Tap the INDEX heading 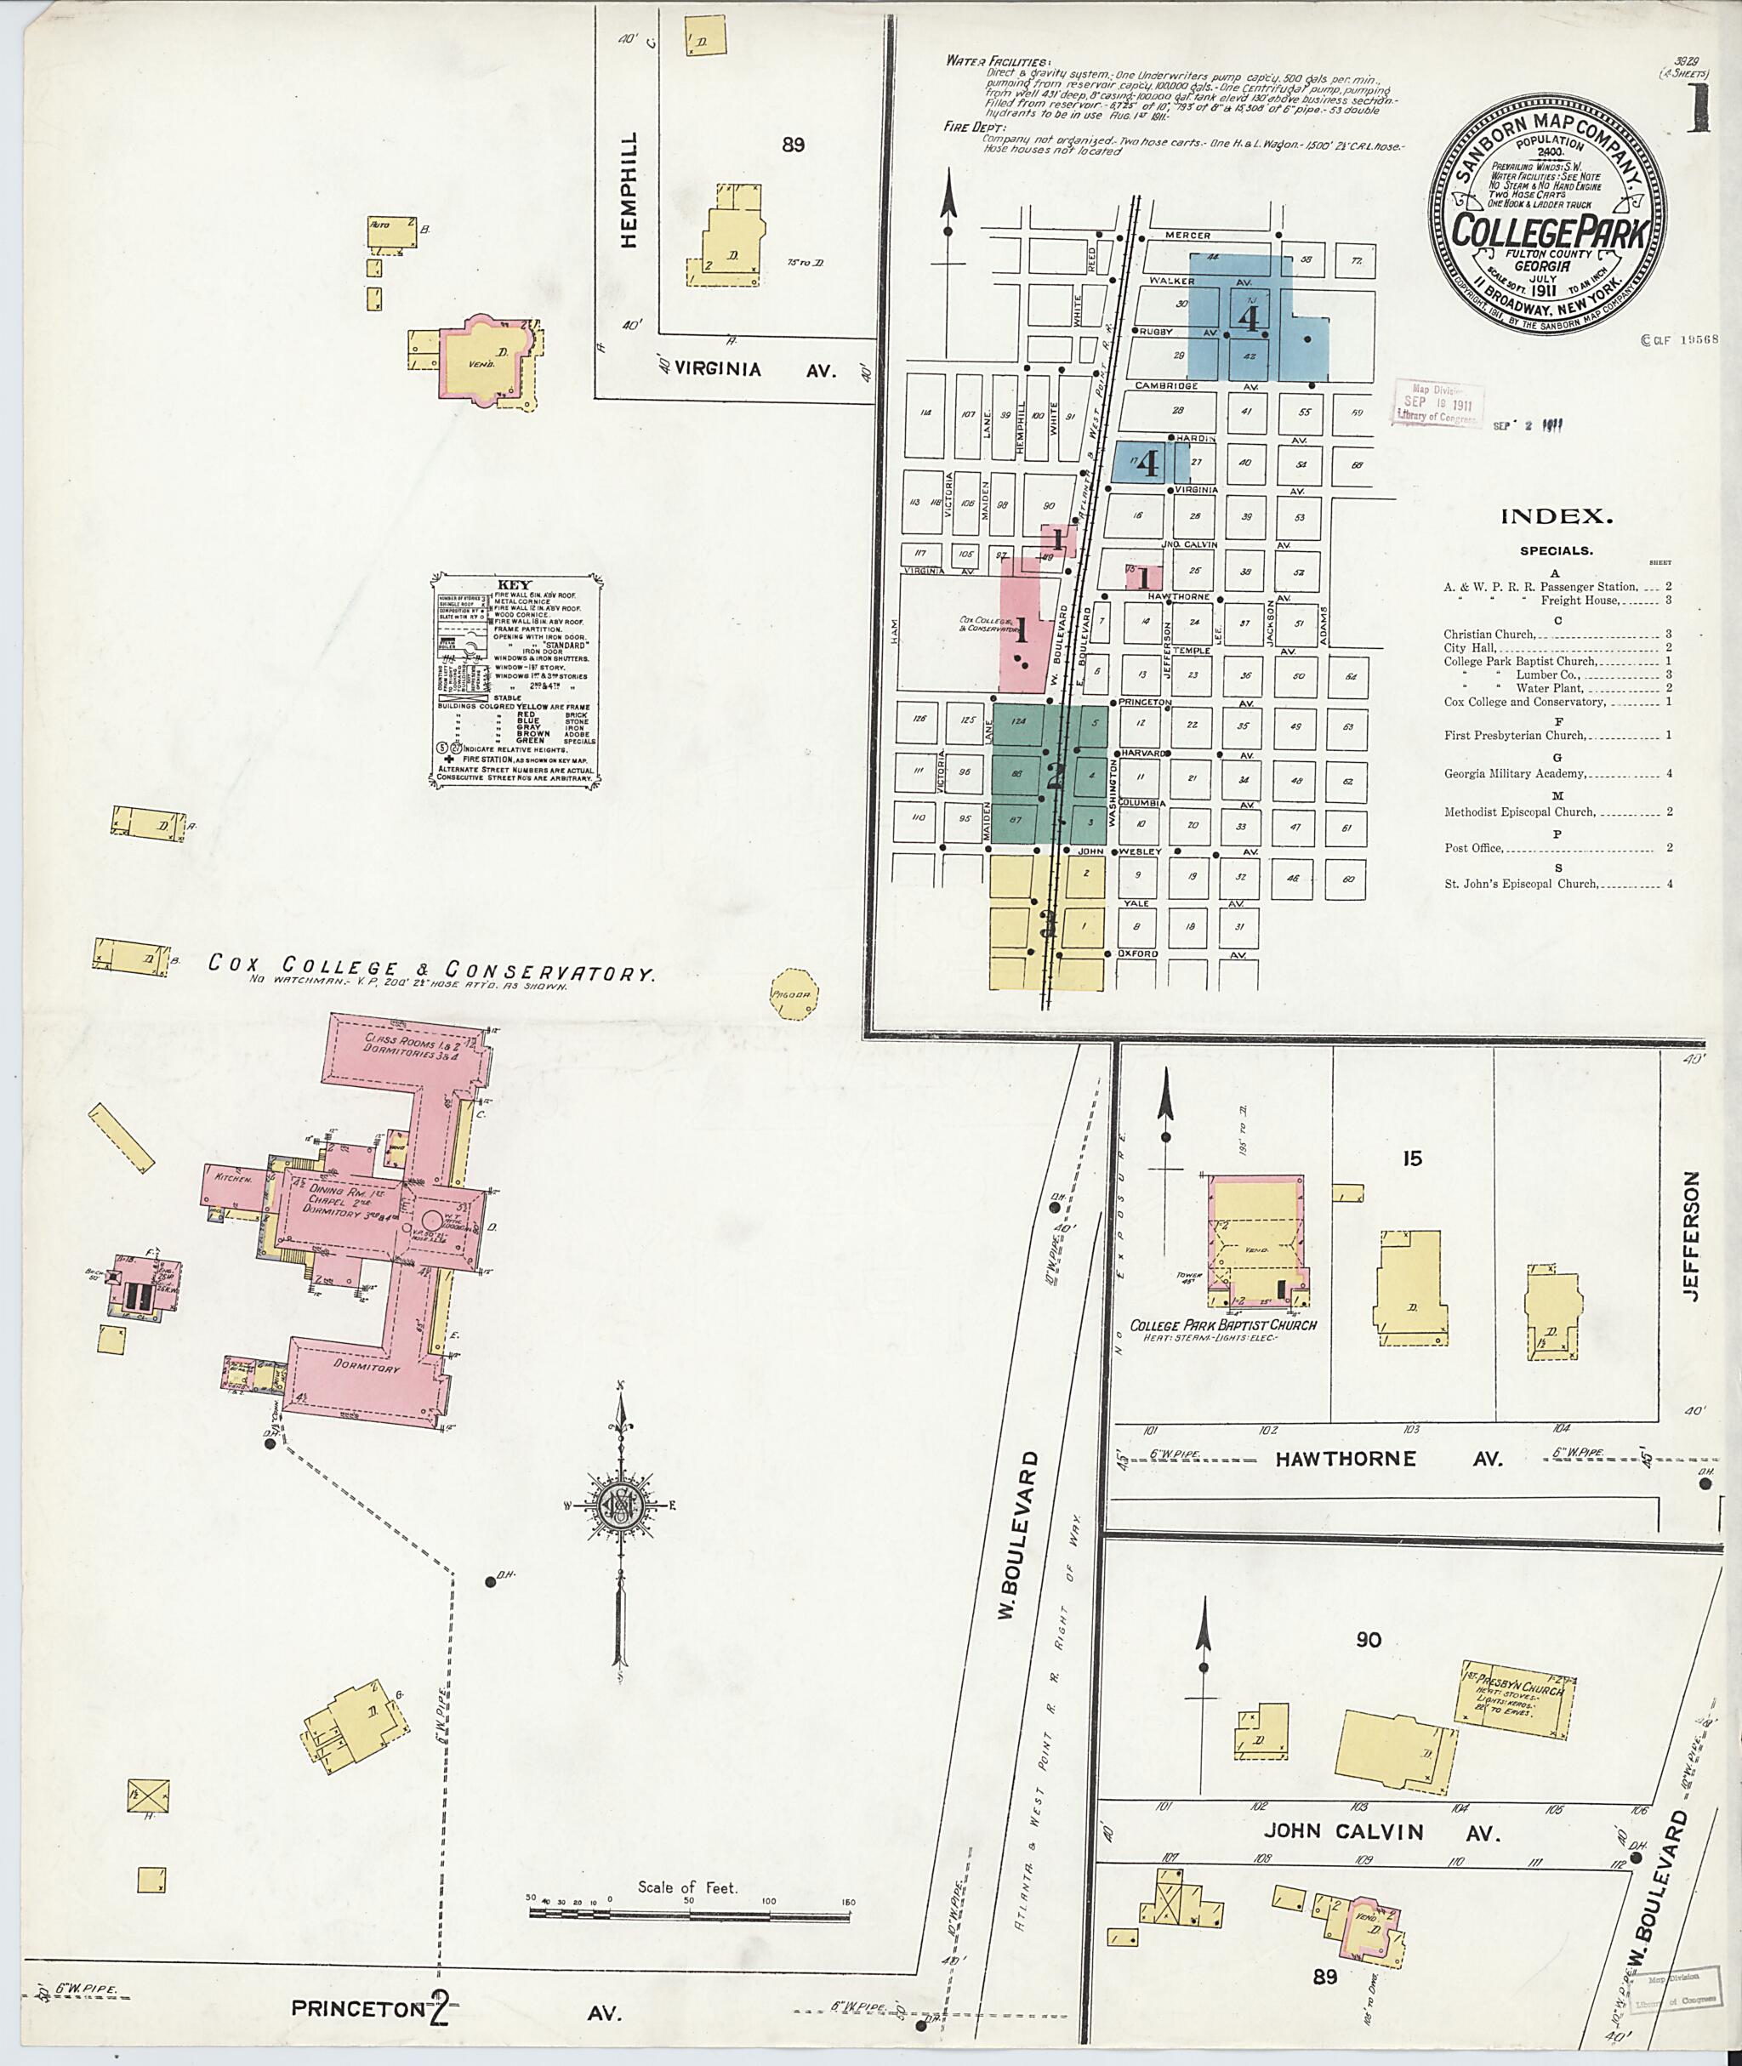[1557, 515]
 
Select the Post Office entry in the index [1473, 847]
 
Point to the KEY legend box [515, 680]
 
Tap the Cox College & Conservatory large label [430, 969]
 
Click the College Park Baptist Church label [1222, 1324]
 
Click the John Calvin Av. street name [1381, 1831]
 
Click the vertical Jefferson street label [1693, 1236]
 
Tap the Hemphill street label [629, 191]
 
